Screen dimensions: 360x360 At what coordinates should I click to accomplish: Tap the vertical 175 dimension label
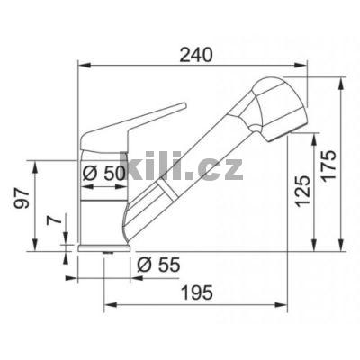(x=329, y=164)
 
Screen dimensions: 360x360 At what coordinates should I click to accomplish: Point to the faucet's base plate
(x=98, y=248)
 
